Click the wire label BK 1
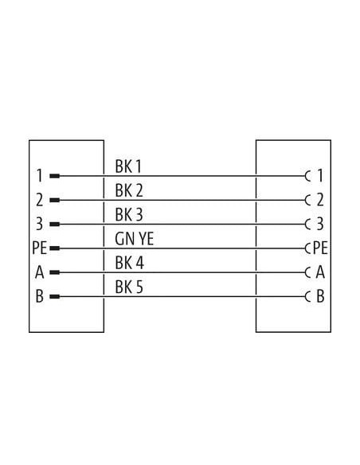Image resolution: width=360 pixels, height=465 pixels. (x=128, y=166)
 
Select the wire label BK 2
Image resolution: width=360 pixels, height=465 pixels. (x=129, y=190)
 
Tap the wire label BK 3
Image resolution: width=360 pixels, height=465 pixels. (x=129, y=215)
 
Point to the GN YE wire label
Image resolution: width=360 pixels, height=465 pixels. (x=135, y=239)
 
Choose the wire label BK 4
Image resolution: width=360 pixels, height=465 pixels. (x=129, y=263)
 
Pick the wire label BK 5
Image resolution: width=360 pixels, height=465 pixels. (x=129, y=287)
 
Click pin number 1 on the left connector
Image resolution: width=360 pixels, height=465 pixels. (x=40, y=175)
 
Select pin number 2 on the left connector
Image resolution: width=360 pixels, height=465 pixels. (x=40, y=200)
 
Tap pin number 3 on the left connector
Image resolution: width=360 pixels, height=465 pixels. (x=40, y=224)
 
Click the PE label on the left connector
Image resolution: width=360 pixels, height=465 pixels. (x=40, y=248)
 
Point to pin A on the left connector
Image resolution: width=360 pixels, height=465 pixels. (x=40, y=272)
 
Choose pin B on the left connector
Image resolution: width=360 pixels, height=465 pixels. (x=40, y=296)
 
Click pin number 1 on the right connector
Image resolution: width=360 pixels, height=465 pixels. (x=320, y=175)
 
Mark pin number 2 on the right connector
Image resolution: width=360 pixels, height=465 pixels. (x=320, y=200)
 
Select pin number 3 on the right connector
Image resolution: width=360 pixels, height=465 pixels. (x=320, y=224)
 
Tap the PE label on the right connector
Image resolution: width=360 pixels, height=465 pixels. (x=320, y=248)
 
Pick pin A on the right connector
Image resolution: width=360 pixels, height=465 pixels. (x=320, y=272)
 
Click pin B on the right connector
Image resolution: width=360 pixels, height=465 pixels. (x=320, y=296)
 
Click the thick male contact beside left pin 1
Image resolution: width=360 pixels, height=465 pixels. (x=55, y=176)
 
